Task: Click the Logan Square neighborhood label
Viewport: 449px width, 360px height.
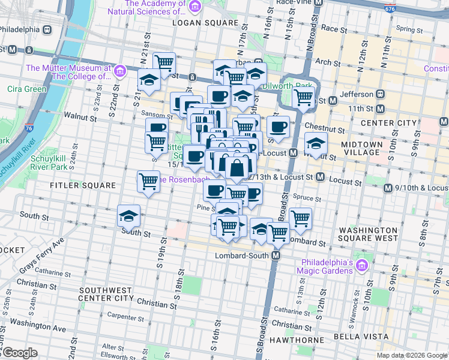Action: pos(205,22)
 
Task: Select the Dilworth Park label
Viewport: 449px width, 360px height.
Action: pos(310,86)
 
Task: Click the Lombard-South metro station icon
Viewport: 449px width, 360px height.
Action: pos(276,256)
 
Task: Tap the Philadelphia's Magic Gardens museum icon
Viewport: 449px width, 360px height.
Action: pos(361,265)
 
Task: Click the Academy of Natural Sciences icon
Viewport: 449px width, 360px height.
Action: pos(194,7)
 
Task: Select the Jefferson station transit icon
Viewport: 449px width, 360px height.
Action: pos(380,94)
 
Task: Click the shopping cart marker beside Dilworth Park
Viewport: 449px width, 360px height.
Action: pos(304,97)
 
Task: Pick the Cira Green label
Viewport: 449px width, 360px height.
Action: pos(26,89)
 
